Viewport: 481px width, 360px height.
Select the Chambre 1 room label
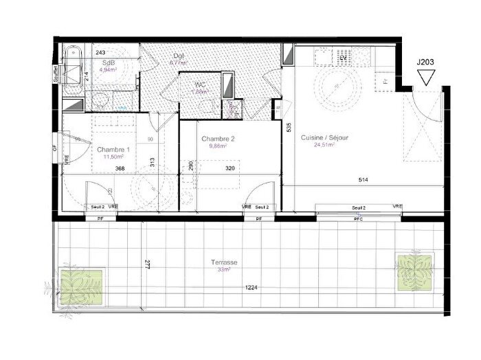click(x=113, y=149)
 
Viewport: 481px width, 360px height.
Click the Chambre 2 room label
click(x=218, y=139)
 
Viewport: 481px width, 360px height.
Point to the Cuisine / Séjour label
click(x=325, y=137)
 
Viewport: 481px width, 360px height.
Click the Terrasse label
click(x=225, y=262)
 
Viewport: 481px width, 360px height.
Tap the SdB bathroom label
click(x=108, y=62)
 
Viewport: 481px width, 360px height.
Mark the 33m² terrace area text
click(x=225, y=270)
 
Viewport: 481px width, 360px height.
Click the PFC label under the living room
click(x=357, y=218)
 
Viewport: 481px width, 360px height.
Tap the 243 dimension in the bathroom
click(x=100, y=53)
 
